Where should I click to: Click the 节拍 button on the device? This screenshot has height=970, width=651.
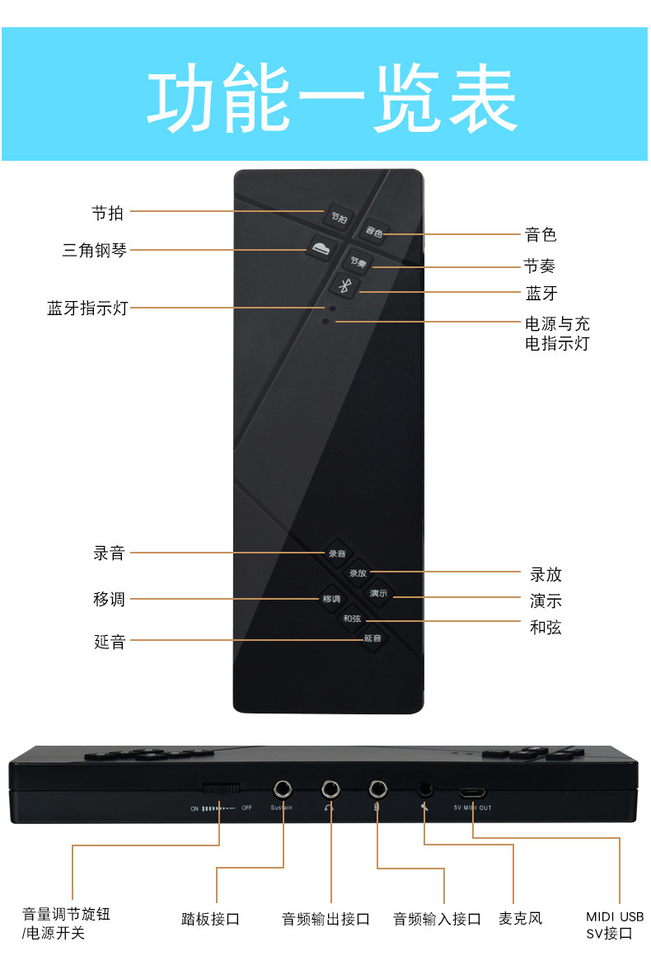pyautogui.click(x=339, y=217)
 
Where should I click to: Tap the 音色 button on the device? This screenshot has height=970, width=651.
pyautogui.click(x=374, y=233)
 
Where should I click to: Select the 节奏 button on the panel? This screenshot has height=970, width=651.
pyautogui.click(x=357, y=262)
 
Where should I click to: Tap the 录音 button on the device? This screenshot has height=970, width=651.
pyautogui.click(x=336, y=553)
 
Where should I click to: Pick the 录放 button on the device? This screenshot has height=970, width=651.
pyautogui.click(x=358, y=573)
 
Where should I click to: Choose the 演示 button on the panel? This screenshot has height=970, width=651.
pyautogui.click(x=378, y=593)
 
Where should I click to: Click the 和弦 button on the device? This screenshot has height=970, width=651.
pyautogui.click(x=352, y=618)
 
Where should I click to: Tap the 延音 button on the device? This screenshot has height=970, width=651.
pyautogui.click(x=372, y=638)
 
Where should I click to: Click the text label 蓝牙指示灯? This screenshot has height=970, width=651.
pyautogui.click(x=87, y=308)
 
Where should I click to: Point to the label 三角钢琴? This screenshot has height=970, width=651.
pyautogui.click(x=95, y=250)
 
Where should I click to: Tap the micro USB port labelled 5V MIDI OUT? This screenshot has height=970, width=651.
pyautogui.click(x=472, y=792)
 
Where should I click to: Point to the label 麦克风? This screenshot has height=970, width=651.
pyautogui.click(x=521, y=918)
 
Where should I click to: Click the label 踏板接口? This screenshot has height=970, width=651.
pyautogui.click(x=210, y=919)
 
